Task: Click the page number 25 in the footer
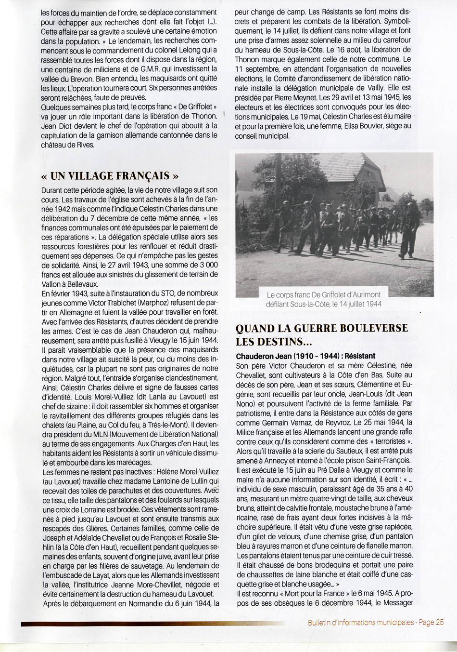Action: [439, 622]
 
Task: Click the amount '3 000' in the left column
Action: [206, 265]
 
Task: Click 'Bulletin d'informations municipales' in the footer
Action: [361, 622]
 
